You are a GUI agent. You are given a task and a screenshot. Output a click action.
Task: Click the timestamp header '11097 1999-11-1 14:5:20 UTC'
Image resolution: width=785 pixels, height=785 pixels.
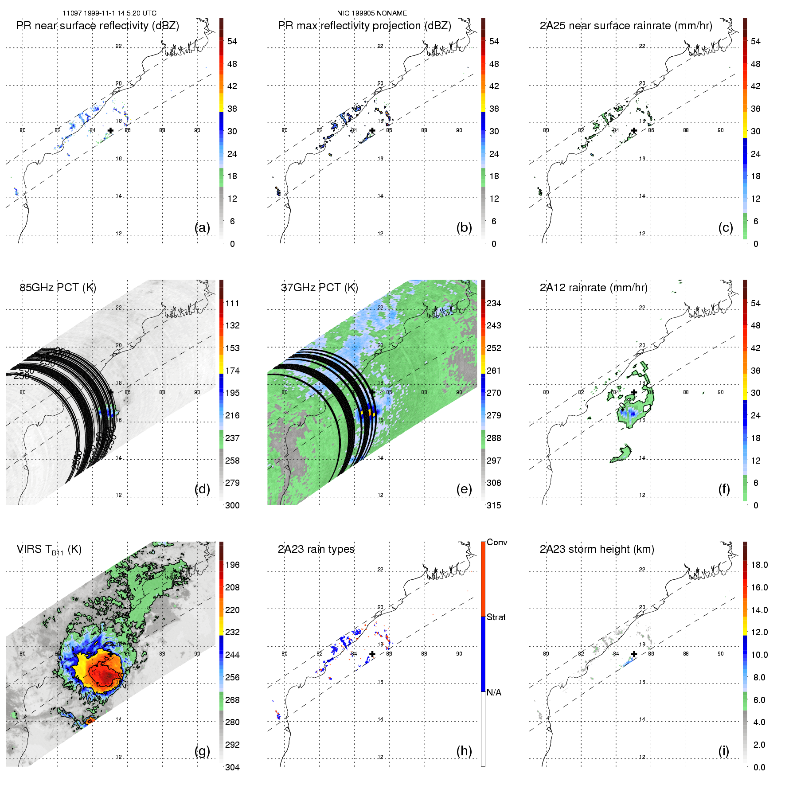point(109,13)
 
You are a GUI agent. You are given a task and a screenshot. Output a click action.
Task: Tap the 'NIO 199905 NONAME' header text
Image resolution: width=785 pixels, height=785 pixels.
point(372,13)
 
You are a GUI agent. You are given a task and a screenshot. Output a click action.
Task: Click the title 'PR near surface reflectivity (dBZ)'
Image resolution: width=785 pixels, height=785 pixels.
point(98,26)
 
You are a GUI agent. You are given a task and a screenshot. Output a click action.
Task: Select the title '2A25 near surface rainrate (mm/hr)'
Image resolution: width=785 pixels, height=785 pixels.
point(626,26)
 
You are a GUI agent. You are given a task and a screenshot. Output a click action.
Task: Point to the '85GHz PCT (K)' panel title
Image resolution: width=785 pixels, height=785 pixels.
point(58,288)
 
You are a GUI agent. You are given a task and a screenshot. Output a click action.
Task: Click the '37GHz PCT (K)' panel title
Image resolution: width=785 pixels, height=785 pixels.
point(319,288)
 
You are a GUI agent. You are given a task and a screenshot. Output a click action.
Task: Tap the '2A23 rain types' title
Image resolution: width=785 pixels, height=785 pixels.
point(316,549)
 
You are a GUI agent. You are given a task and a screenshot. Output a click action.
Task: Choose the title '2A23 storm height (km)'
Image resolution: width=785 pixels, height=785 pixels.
point(597,549)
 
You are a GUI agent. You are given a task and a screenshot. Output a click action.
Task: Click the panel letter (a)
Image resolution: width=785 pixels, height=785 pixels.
point(202,227)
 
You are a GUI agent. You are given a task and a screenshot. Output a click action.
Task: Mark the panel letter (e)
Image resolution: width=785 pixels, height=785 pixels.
point(464,489)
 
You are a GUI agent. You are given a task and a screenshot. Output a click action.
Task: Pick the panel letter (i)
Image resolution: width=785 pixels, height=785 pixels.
point(723,751)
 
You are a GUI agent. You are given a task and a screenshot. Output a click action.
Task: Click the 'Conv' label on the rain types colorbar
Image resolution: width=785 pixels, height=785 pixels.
point(497,542)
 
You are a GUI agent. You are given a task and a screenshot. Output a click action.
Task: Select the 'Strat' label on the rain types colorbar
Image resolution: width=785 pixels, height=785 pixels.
point(496,617)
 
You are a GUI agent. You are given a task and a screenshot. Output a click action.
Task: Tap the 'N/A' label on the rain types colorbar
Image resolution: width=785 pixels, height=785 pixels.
point(494,692)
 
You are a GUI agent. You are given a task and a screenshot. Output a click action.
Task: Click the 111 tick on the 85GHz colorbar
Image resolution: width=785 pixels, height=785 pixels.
point(232,303)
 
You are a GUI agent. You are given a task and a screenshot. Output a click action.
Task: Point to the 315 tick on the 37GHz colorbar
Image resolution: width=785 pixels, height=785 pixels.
point(494,505)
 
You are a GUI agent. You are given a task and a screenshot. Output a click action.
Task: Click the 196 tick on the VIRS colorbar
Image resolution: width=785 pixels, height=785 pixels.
point(232,565)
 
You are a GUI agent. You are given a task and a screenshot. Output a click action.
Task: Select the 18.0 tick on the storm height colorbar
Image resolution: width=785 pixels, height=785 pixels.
point(759,565)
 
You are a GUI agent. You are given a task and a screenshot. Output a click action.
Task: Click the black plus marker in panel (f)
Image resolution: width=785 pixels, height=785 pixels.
point(634,392)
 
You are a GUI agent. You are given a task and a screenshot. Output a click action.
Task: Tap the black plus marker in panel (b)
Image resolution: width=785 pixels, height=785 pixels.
point(372,130)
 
